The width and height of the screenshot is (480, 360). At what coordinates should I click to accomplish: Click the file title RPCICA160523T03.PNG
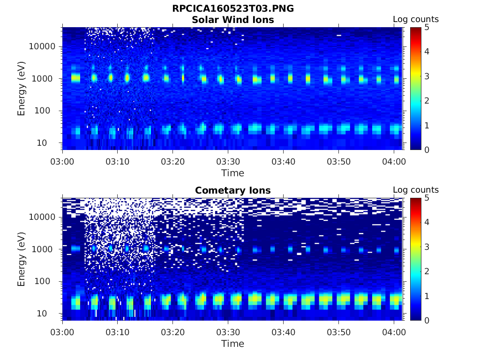click(x=232, y=9)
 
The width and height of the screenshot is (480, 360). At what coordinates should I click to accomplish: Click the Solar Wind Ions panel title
click(x=232, y=20)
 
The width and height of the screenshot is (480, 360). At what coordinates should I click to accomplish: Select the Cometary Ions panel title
click(x=232, y=190)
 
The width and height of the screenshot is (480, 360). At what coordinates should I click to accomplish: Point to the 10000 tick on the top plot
click(x=43, y=47)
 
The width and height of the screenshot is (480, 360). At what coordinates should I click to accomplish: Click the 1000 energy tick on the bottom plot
click(x=45, y=249)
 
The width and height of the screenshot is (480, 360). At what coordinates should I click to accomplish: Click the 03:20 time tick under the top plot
click(x=173, y=162)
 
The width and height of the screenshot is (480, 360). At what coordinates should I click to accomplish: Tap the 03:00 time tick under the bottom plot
click(x=63, y=332)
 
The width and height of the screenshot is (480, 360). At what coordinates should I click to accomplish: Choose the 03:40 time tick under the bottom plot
click(x=283, y=332)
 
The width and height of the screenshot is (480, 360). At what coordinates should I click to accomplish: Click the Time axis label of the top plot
click(x=232, y=173)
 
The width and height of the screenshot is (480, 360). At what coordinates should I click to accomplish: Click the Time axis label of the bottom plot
click(x=232, y=344)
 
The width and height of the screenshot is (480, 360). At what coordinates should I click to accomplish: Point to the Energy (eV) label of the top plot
click(x=22, y=89)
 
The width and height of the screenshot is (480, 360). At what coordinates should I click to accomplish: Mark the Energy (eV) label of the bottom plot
click(x=22, y=259)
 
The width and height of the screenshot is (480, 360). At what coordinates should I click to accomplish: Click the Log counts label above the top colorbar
click(x=415, y=20)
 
